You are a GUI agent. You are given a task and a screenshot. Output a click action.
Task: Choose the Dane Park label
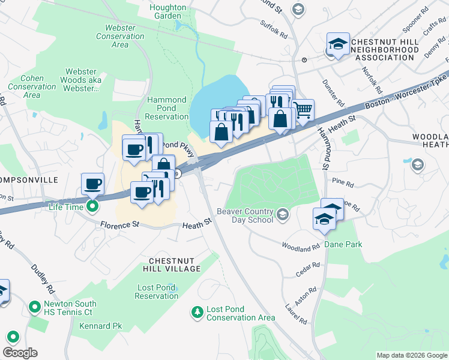point(343,244)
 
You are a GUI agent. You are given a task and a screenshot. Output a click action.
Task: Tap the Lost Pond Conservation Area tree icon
point(197,312)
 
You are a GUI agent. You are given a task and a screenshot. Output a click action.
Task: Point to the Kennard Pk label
point(100,326)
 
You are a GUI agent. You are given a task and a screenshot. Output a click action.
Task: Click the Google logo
point(20,352)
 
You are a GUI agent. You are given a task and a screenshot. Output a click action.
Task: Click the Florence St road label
point(119,226)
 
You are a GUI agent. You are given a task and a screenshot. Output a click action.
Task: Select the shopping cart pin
point(304,110)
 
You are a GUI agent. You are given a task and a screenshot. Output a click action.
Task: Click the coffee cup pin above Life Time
point(93,184)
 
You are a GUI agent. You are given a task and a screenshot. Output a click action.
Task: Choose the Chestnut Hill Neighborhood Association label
point(384,49)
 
